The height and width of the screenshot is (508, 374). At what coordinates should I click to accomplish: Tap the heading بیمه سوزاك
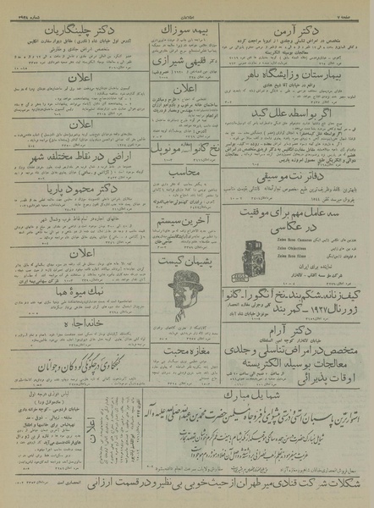coord(182,32)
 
